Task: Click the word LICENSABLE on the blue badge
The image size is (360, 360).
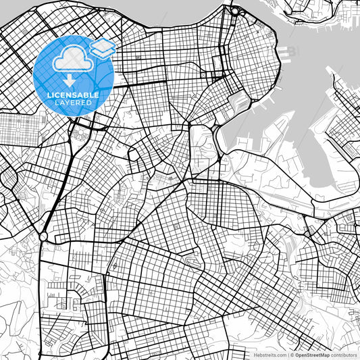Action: [x=73, y=95]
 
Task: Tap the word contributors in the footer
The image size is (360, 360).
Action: [x=344, y=354]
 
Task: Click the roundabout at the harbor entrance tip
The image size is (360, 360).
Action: [x=234, y=11]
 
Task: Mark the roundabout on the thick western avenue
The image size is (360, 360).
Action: [x=43, y=237]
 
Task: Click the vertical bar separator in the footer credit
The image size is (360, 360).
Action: [x=288, y=354]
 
